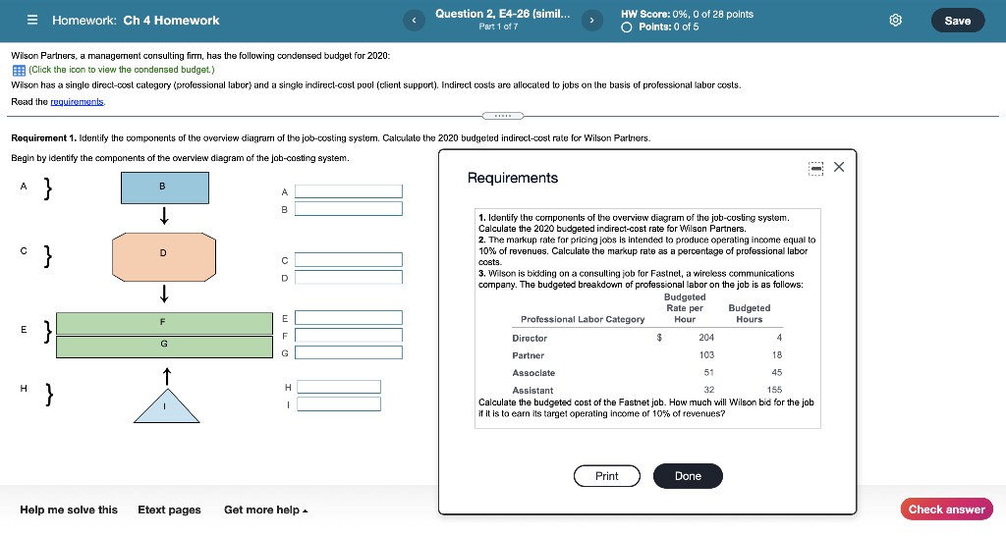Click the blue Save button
pyautogui.click(x=957, y=21)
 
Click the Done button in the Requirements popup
pyautogui.click(x=688, y=476)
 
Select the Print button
pyautogui.click(x=606, y=476)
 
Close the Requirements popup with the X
pyautogui.click(x=838, y=167)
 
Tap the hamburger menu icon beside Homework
pyautogui.click(x=32, y=21)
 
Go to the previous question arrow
pyautogui.click(x=415, y=20)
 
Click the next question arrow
pyautogui.click(x=591, y=20)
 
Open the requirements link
pyautogui.click(x=78, y=102)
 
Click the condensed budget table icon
pyautogui.click(x=19, y=70)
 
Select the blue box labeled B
pyautogui.click(x=164, y=188)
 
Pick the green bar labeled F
pyautogui.click(x=164, y=323)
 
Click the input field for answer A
pyautogui.click(x=349, y=191)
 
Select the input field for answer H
pyautogui.click(x=339, y=387)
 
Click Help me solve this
pyautogui.click(x=69, y=509)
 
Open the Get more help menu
pyautogui.click(x=265, y=509)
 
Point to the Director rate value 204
pyautogui.click(x=706, y=338)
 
